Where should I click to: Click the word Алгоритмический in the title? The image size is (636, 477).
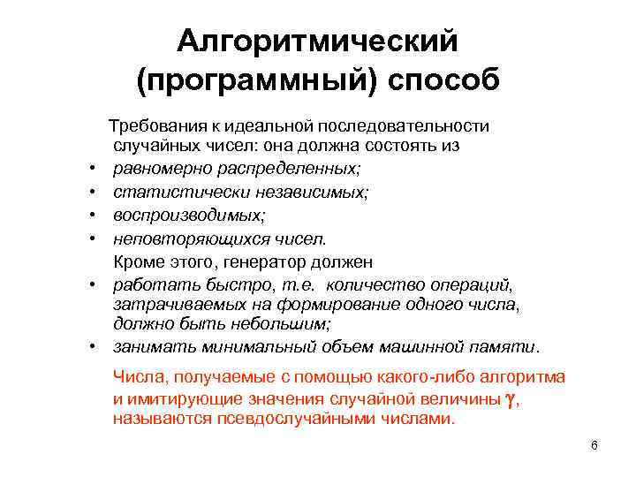click(318, 41)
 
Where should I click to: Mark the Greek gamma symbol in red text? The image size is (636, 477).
click(509, 398)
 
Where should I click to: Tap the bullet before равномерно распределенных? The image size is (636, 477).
click(92, 168)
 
